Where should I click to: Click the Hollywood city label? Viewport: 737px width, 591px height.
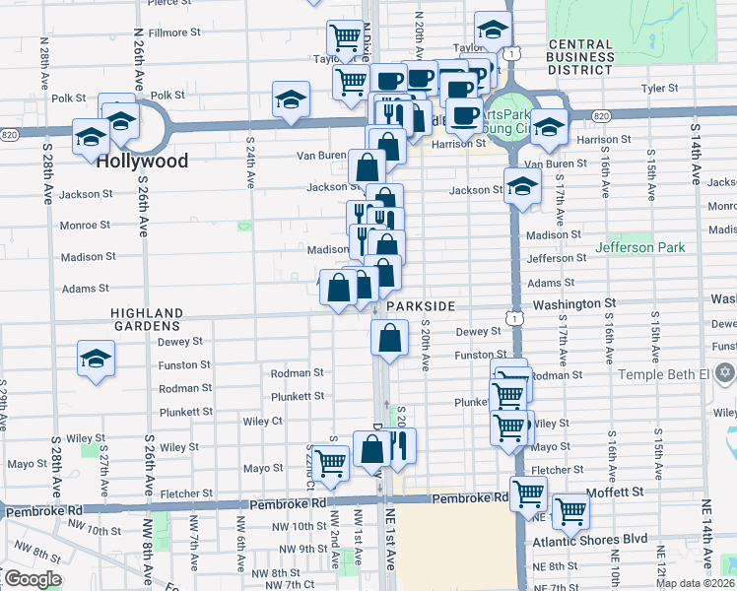tap(142, 161)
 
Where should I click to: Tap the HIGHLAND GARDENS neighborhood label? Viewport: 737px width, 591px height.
tap(147, 320)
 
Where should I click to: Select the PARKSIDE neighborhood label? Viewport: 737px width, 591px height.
tap(420, 306)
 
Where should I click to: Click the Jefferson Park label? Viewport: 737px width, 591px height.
tap(639, 247)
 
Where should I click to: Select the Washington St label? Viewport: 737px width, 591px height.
tap(574, 305)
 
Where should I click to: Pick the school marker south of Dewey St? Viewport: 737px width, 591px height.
tap(97, 360)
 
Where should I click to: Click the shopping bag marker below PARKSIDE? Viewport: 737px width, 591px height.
tap(390, 340)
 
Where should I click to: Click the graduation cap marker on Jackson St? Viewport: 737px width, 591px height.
tap(521, 186)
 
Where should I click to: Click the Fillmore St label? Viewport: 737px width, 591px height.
tap(174, 33)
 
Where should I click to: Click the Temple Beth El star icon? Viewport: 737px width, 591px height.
tap(727, 375)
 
